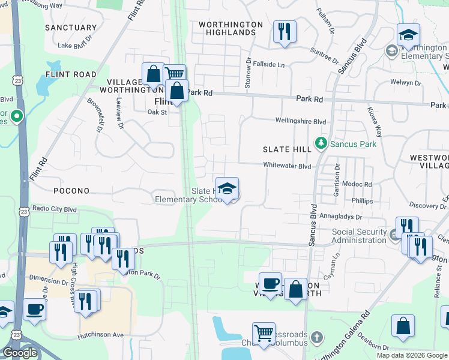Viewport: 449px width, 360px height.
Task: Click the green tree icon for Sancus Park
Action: pyautogui.click(x=322, y=143)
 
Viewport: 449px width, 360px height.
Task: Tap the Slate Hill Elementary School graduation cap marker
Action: pyautogui.click(x=228, y=188)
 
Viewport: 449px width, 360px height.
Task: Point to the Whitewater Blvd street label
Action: pyautogui.click(x=287, y=166)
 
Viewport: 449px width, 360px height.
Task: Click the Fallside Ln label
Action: pyautogui.click(x=268, y=64)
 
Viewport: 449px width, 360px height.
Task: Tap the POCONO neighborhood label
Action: pyautogui.click(x=71, y=191)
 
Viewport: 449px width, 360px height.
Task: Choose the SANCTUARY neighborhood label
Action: pyautogui.click(x=71, y=28)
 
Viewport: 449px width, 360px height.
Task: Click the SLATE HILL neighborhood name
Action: pyautogui.click(x=287, y=148)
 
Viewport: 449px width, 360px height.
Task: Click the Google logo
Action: pyautogui.click(x=20, y=353)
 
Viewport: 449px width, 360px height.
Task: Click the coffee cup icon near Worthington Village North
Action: pyautogui.click(x=270, y=283)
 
